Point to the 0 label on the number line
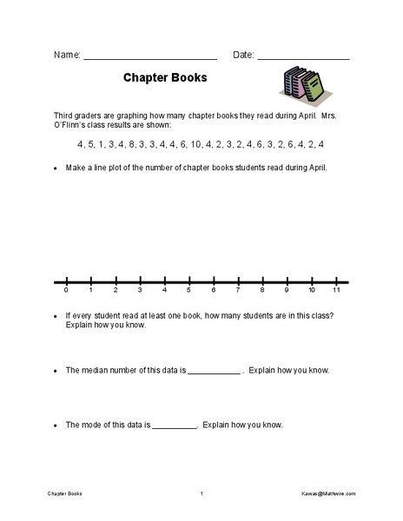[66, 291]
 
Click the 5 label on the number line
[188, 291]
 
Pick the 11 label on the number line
[335, 291]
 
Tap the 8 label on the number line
[262, 291]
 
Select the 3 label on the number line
[140, 291]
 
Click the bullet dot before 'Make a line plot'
[55, 168]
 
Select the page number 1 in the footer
[201, 494]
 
